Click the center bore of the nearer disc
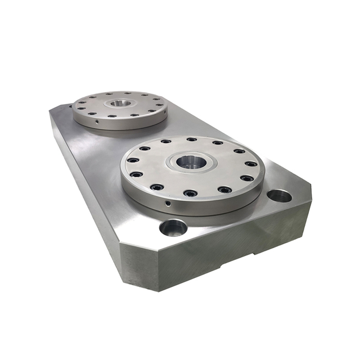pyautogui.click(x=191, y=163)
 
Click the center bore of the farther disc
pyautogui.click(x=119, y=103)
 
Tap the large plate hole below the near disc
pyautogui.click(x=173, y=227)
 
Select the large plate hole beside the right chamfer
pyautogui.click(x=279, y=196)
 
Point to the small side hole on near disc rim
pyautogui.click(x=168, y=201)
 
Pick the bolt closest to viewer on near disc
pyautogui.click(x=191, y=193)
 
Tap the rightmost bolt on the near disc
pyautogui.click(x=251, y=164)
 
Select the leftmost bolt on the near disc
pyautogui.click(x=133, y=160)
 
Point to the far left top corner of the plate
pyautogui.click(x=52, y=110)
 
